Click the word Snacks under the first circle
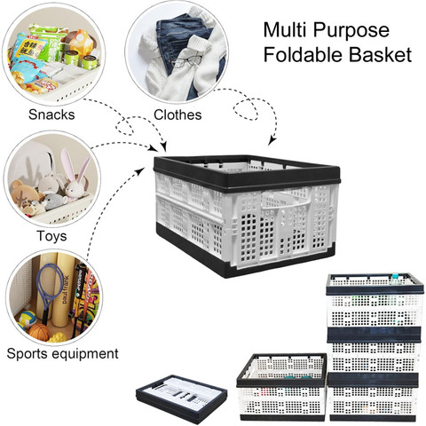tap(51, 114)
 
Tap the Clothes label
tap(177, 114)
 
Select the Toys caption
tap(51, 236)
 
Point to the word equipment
tap(83, 354)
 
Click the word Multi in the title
tap(285, 30)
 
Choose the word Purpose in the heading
tap(351, 31)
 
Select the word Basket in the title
tap(380, 54)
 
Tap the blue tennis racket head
tap(50, 283)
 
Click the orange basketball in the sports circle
tap(40, 332)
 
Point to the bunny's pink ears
tap(76, 164)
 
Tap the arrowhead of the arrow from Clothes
tap(272, 141)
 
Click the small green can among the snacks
tap(71, 58)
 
